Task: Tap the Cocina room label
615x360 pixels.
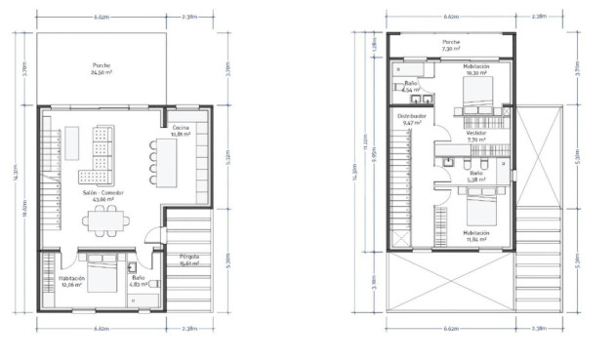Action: click(x=181, y=132)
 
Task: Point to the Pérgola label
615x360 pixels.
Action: click(x=188, y=260)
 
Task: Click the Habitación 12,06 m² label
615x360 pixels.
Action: click(x=70, y=281)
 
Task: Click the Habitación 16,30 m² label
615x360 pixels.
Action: click(x=476, y=69)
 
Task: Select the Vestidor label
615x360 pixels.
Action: click(x=475, y=137)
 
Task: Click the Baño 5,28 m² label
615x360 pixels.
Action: click(x=475, y=177)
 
